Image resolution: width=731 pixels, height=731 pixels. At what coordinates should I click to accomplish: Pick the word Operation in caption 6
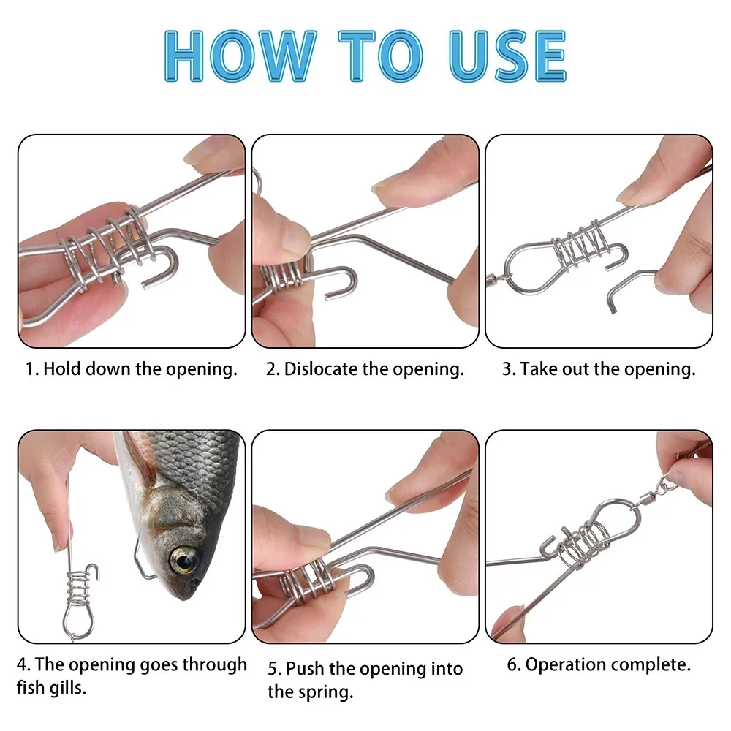[x=566, y=664]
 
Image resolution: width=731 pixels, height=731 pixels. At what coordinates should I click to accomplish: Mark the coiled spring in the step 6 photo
[x=585, y=541]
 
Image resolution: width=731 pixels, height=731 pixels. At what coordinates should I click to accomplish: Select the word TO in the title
[x=380, y=56]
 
